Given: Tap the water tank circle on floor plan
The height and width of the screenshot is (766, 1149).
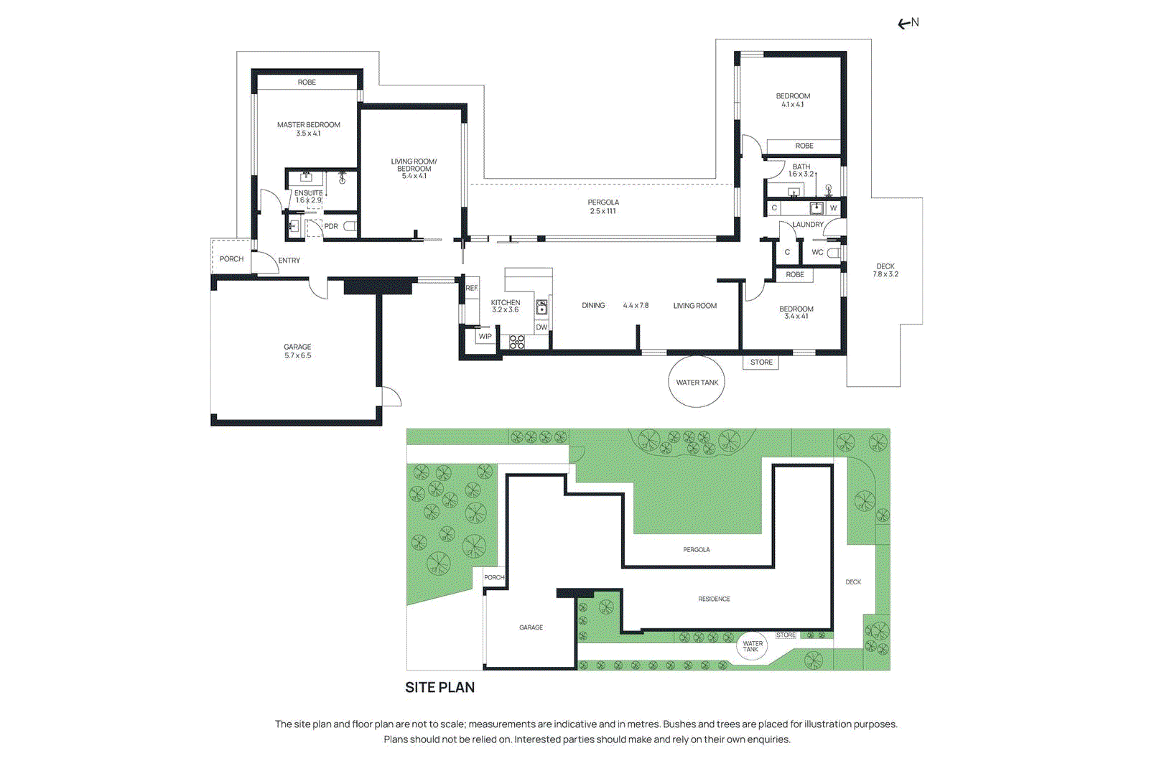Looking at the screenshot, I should (697, 382).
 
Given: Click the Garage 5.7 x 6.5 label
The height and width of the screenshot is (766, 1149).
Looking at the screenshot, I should (297, 351).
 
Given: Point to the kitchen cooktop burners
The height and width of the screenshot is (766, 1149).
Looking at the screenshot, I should (517, 342).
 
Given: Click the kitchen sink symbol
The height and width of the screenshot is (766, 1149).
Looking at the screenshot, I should (541, 307).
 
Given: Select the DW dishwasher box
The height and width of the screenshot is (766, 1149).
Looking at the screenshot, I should (541, 327).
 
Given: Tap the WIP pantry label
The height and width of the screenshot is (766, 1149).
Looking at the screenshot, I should (485, 336).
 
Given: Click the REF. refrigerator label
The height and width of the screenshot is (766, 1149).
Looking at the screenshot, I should (472, 288).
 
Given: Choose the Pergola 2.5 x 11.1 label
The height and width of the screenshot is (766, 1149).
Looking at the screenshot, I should (603, 207).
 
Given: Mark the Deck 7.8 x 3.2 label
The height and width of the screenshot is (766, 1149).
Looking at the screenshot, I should (885, 270).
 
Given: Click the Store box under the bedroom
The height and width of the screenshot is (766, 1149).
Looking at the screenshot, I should (761, 363).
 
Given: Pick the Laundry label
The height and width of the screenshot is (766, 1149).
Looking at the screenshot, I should (808, 225).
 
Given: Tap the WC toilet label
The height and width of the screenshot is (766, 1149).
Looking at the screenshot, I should (817, 252).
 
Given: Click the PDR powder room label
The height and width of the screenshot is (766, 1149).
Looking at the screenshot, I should (331, 226).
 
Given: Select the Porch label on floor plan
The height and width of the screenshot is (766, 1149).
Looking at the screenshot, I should (231, 259).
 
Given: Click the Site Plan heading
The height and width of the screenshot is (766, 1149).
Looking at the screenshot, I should (439, 687).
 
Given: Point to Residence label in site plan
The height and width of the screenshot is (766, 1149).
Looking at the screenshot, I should (714, 599).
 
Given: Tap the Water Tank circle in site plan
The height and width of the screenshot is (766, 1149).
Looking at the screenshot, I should (752, 646).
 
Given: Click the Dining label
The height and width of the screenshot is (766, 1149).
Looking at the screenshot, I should (593, 306).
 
